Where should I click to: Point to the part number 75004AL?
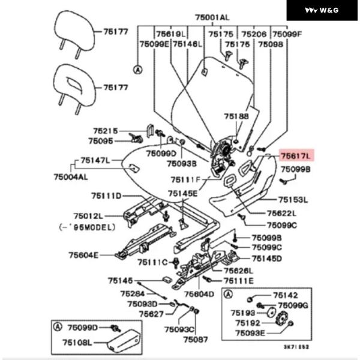[70, 178]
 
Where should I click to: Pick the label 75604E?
[83, 255]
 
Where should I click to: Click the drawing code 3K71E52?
[296, 346]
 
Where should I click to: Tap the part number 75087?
[195, 340]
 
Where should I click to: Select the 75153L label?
[292, 200]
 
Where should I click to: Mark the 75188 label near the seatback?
[236, 116]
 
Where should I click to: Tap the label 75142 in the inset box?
[285, 295]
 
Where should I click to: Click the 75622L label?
[281, 214]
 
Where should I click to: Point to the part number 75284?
[132, 293]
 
